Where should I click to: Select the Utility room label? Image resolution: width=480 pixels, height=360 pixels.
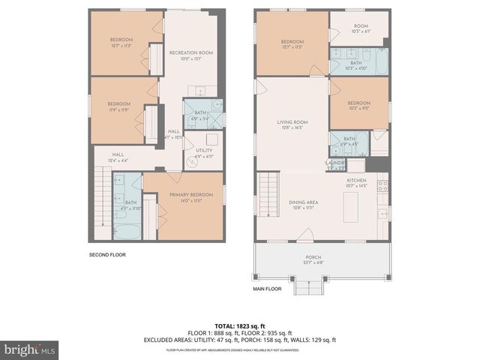[x=205, y=152]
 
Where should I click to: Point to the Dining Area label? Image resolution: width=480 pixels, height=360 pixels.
[x=294, y=203]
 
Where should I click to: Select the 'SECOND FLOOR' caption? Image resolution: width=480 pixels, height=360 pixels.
[x=107, y=255]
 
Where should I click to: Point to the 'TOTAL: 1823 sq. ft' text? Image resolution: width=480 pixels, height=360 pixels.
[x=240, y=325]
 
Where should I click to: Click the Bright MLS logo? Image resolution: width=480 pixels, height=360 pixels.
[x=30, y=349]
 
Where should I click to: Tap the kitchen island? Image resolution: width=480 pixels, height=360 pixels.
[x=349, y=205]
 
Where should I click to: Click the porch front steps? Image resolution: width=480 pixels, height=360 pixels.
[x=307, y=288]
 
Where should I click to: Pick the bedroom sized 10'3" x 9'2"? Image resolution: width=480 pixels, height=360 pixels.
[x=358, y=106]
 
